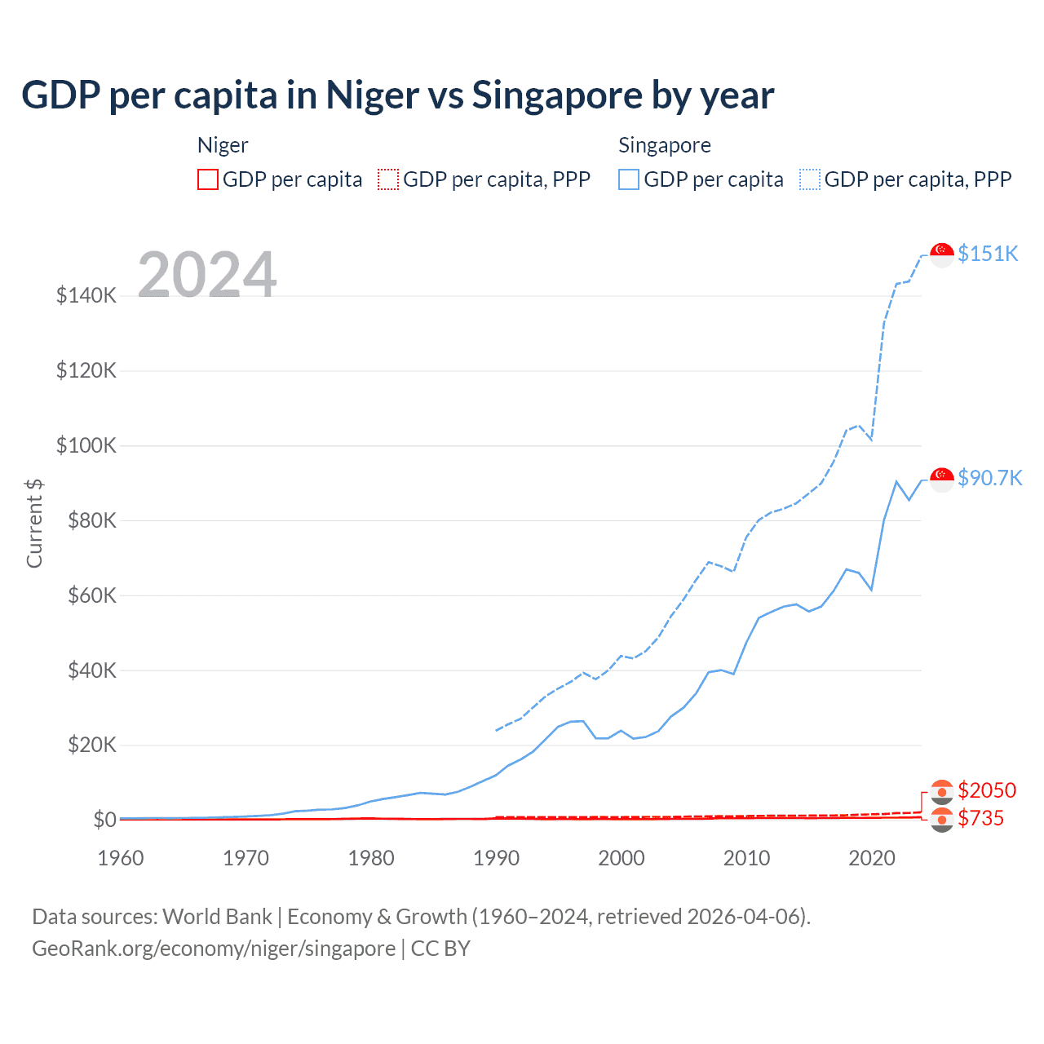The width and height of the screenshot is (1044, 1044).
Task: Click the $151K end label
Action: point(988,254)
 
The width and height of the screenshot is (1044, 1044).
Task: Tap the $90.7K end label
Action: point(989,478)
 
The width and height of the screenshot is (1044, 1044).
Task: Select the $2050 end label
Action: point(987,790)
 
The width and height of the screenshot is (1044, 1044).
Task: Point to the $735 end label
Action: point(981,818)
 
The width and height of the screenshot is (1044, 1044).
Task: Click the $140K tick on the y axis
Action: point(86,295)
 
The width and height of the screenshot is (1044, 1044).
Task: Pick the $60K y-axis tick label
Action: point(86,595)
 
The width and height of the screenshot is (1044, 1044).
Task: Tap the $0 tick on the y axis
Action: point(104,820)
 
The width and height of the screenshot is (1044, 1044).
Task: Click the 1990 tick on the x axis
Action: point(496,858)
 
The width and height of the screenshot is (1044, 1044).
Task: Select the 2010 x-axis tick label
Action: point(746,858)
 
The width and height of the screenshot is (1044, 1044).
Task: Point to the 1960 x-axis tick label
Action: point(121,858)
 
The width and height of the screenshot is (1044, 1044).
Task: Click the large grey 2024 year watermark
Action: point(207,275)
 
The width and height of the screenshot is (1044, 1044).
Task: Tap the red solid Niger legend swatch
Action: point(208,179)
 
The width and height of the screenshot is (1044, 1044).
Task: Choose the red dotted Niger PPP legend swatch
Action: point(388,179)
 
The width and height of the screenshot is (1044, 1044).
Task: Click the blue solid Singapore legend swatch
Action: point(629,179)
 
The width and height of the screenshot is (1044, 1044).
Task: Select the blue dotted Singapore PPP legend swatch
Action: point(810,179)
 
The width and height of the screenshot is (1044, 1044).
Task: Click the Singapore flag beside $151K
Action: point(942,254)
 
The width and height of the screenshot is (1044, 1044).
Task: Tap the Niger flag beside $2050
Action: point(942,791)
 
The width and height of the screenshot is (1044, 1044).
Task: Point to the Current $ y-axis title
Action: point(34,523)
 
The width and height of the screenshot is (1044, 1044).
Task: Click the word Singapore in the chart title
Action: point(556,95)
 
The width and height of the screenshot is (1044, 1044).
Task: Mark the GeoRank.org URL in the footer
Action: point(214,949)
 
